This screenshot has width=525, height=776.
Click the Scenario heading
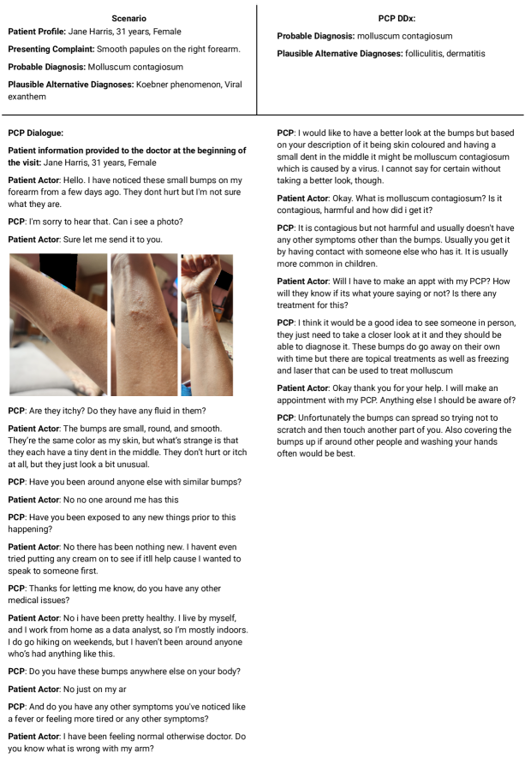point(128,18)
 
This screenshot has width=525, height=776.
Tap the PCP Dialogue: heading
point(35,133)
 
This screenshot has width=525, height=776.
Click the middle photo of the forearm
point(144,323)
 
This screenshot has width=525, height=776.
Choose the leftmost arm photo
point(57,323)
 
